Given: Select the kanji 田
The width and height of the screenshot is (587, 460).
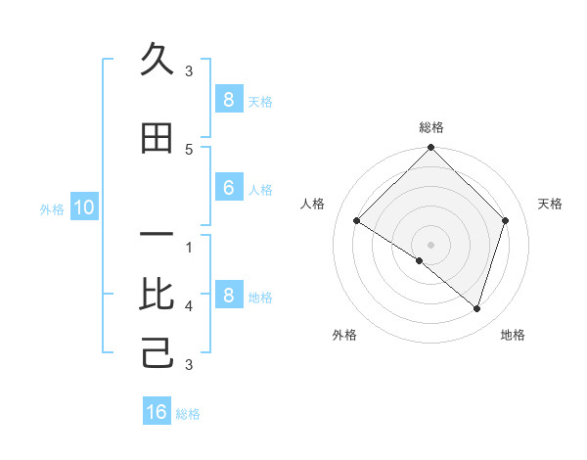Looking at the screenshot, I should tap(157, 139).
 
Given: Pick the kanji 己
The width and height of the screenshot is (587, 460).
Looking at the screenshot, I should tap(157, 352).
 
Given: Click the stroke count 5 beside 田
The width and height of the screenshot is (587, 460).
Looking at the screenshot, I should tap(189, 149).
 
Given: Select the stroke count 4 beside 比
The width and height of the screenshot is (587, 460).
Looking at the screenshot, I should tap(189, 306).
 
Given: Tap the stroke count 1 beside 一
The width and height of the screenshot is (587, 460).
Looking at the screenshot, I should tap(189, 248).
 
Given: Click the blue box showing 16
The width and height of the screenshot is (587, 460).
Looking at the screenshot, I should tap(157, 412).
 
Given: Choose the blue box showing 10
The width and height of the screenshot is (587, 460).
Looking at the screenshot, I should tap(83, 207).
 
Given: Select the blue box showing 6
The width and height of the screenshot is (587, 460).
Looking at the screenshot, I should tap(228, 189).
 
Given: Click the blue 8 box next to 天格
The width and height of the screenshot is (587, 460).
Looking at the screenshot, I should tap(228, 100).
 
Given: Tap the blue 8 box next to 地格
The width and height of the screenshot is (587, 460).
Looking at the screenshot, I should tap(228, 296).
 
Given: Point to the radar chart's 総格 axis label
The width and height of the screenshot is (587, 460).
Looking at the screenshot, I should tap(430, 127).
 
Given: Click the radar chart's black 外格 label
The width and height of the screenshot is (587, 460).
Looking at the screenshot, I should tap(344, 335).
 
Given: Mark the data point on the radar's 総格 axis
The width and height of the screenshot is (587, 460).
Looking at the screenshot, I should tap(430, 149).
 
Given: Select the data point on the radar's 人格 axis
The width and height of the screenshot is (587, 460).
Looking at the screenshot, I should tap(357, 221).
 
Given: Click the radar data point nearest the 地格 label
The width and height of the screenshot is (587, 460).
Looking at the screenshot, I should tap(476, 308).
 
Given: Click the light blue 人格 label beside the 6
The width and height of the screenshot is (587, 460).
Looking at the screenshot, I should tap(260, 190).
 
